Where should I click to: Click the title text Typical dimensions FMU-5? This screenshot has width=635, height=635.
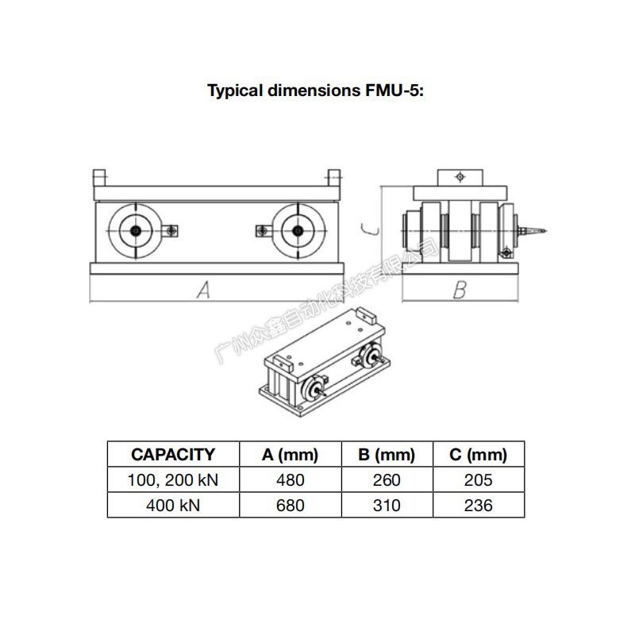[316, 90]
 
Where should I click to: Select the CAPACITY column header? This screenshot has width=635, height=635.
[173, 455]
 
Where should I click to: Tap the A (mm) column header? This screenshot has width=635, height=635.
[290, 455]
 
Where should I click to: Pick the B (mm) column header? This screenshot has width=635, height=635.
[387, 455]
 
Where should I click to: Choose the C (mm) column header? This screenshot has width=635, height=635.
[478, 455]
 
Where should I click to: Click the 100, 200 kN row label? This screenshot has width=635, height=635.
[173, 480]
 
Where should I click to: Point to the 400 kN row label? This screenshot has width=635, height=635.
[173, 505]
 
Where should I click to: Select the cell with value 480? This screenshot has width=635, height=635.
[290, 480]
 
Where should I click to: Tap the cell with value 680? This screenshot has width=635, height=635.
[290, 505]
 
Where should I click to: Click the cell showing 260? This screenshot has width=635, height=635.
[387, 480]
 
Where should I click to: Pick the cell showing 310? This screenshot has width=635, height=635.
[387, 505]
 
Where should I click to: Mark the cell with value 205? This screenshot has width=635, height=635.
[478, 480]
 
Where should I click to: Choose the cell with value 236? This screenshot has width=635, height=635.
[478, 505]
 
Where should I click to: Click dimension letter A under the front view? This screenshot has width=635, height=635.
[203, 291]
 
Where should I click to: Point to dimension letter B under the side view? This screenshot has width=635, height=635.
[460, 291]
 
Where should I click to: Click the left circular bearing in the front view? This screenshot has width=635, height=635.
[135, 230]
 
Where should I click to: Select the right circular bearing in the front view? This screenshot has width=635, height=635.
[297, 230]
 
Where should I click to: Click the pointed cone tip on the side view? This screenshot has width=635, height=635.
[542, 231]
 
